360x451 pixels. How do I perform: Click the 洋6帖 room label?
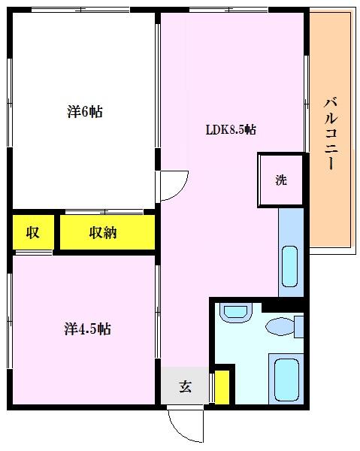click(x=85, y=111)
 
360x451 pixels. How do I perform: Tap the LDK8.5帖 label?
click(x=231, y=130)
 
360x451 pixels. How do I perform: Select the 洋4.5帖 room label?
click(x=87, y=328)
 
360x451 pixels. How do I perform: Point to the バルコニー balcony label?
click(x=331, y=134)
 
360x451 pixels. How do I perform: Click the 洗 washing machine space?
click(x=281, y=180)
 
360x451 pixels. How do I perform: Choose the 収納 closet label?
click(x=103, y=232)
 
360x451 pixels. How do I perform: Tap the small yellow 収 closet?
click(x=33, y=232)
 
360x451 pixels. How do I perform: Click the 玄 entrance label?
click(x=186, y=387)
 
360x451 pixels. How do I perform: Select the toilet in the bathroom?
click(x=285, y=327)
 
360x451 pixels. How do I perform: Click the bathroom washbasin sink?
click(x=235, y=313)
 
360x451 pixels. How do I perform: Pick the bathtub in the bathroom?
click(x=286, y=379)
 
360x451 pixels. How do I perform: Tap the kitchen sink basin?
click(x=289, y=266)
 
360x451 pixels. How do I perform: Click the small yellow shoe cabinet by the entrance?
click(x=222, y=387)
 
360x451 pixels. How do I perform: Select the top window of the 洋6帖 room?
click(x=80, y=10)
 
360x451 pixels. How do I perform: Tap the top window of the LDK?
click(x=228, y=10)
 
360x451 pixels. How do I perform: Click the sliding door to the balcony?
click(x=307, y=104)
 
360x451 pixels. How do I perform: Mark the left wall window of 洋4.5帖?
click(x=10, y=321)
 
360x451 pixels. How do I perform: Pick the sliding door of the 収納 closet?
click(x=104, y=212)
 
